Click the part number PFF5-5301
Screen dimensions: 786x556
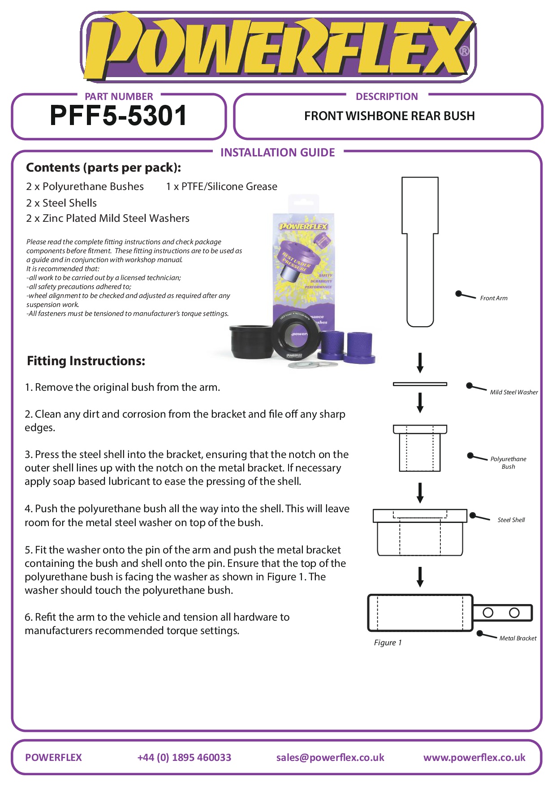118,116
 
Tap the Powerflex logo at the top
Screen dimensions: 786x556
278,47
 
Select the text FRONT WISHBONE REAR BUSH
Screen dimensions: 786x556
389,116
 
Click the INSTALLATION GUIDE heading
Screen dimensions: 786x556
277,153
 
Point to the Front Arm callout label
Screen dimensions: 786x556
494,298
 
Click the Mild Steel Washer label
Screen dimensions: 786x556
513,393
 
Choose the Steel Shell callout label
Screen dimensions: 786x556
511,520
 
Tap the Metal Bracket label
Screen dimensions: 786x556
517,639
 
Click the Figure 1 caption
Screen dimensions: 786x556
388,643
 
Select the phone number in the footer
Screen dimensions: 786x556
184,758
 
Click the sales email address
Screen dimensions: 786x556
330,758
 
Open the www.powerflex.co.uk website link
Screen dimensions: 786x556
474,758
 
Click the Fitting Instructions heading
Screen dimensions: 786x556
86,361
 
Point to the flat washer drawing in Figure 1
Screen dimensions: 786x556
420,384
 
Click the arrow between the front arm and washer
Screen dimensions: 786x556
420,363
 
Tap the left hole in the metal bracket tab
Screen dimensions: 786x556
488,613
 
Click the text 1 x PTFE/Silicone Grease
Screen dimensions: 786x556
221,187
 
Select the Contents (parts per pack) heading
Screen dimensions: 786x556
103,168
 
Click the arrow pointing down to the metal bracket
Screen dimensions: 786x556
420,577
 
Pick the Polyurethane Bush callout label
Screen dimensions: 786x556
508,463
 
